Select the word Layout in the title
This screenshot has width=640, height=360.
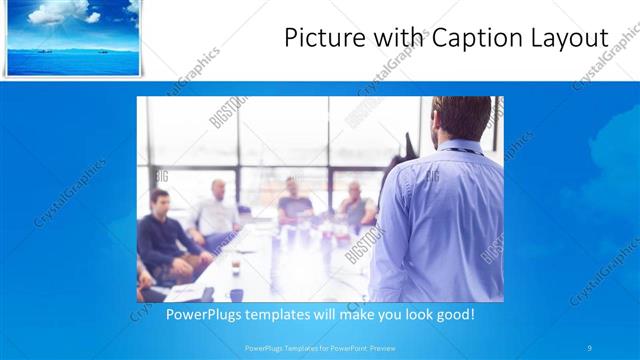(x=571, y=38)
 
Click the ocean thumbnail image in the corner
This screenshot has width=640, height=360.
(x=72, y=37)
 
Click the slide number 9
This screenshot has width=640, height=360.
(x=590, y=348)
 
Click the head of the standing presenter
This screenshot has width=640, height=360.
(x=454, y=118)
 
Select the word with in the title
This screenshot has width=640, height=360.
(x=392, y=38)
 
